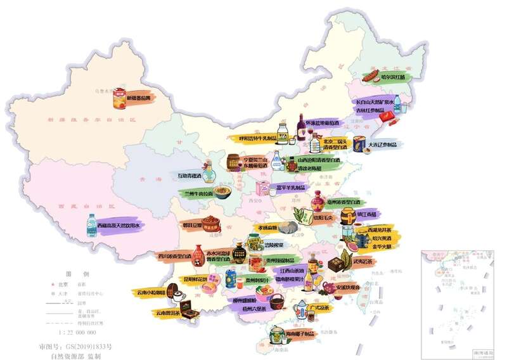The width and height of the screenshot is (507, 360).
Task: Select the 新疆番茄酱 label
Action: [139, 98]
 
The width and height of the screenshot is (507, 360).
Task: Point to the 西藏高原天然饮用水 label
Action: [121, 225]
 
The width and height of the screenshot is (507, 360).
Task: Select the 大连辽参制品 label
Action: [383, 145]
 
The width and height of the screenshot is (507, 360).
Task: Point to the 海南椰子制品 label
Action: [300, 333]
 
